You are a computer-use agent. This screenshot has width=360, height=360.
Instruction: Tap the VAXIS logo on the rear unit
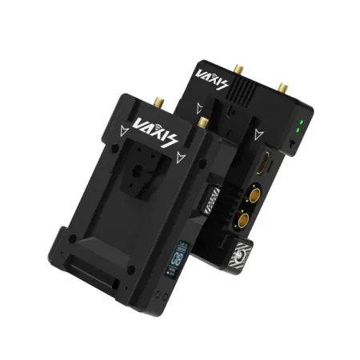coord(211,81)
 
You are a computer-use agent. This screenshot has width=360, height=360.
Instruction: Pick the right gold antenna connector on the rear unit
coord(283,86)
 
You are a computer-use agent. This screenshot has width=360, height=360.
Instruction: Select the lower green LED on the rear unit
coord(298,131)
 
